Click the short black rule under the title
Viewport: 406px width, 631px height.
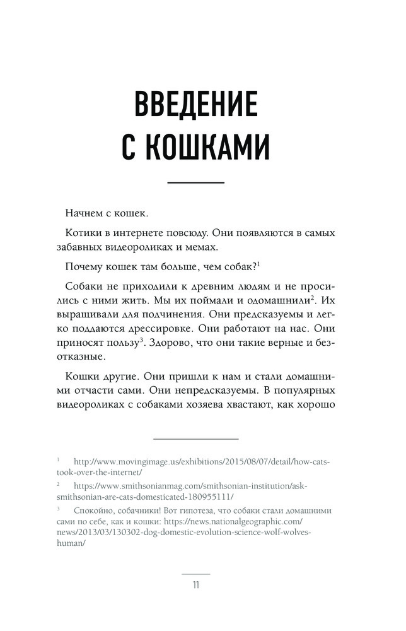pos(195,182)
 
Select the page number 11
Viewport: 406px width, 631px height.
pos(195,584)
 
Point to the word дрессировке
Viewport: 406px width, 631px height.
pos(180,328)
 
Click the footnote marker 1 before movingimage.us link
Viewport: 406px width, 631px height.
pos(58,460)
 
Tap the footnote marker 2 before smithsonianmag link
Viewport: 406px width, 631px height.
pos(58,485)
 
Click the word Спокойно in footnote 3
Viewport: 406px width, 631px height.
pos(96,510)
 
